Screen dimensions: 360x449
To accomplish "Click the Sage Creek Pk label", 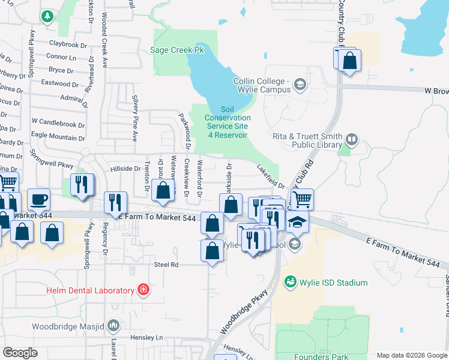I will point(178,50).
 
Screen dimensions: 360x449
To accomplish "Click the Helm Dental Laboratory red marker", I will point(143,291).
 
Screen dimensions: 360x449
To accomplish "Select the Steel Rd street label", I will point(166,264).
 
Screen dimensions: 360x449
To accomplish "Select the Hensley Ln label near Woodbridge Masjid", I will point(143,338).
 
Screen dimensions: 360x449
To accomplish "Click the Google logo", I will point(20,353).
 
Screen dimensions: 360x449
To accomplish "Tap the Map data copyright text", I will point(411,355).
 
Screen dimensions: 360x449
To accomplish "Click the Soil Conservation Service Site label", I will point(227,122).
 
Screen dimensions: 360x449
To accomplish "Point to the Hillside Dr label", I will point(125,169).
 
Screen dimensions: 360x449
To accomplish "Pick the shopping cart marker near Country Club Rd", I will point(302,198).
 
